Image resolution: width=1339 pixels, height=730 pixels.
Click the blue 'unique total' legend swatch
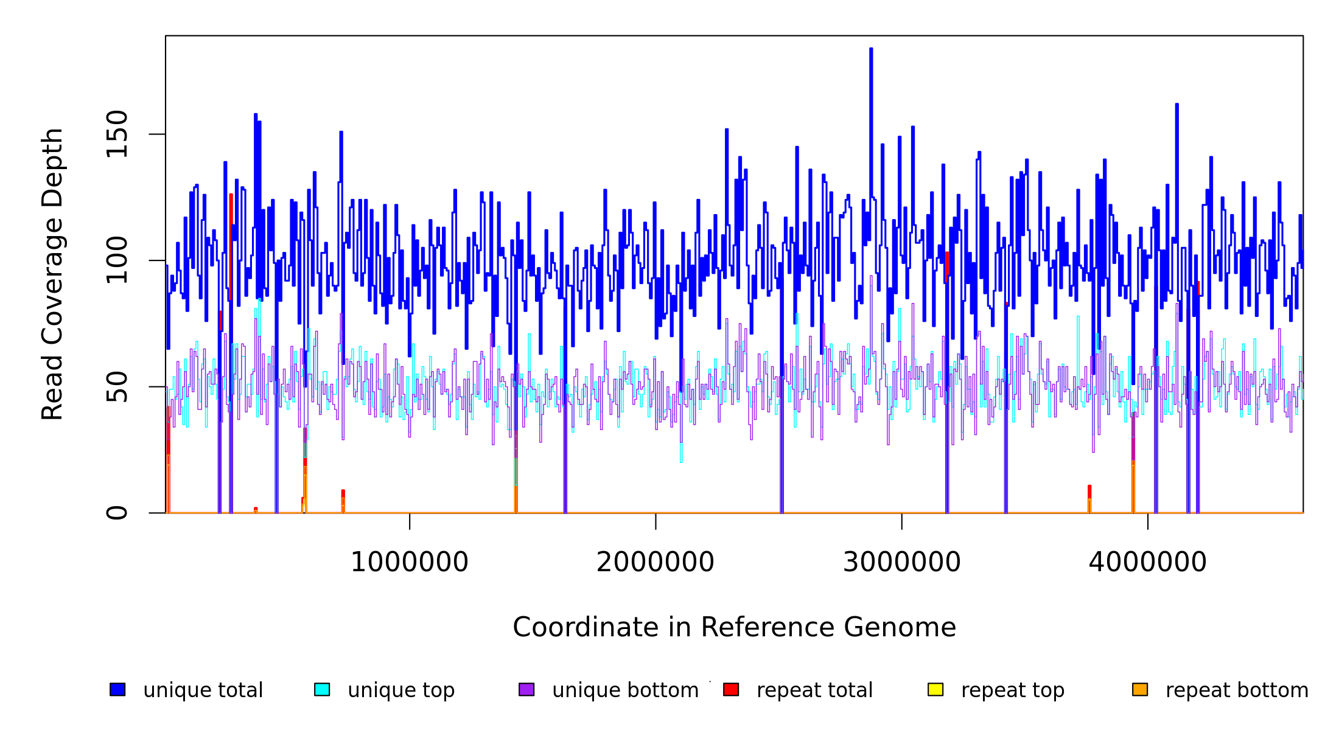click(x=117, y=690)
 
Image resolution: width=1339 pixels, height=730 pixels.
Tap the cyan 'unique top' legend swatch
click(x=322, y=690)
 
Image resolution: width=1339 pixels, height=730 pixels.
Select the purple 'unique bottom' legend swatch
click(x=526, y=690)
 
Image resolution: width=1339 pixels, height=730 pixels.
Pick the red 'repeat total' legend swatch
click(x=731, y=690)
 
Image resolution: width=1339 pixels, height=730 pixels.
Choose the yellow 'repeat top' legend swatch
click(x=935, y=690)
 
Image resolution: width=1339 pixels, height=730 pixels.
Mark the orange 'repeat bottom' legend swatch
click(x=1140, y=690)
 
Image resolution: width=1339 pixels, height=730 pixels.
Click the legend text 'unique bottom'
click(x=625, y=690)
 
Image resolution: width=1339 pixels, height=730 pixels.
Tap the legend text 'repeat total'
click(x=814, y=690)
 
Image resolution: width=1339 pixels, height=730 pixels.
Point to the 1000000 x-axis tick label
click(x=409, y=562)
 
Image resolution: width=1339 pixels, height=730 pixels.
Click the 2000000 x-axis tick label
click(x=656, y=562)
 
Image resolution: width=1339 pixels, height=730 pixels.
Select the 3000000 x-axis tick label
click(x=901, y=562)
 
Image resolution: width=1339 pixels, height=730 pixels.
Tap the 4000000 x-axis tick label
click(x=1147, y=562)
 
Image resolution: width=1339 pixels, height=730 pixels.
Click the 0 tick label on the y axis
click(x=117, y=513)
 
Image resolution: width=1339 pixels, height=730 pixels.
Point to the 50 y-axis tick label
click(x=117, y=387)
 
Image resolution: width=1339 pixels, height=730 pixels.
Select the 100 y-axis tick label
click(x=117, y=260)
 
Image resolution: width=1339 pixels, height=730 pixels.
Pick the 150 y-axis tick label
click(x=117, y=134)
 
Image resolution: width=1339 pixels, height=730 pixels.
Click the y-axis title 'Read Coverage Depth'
click(x=52, y=274)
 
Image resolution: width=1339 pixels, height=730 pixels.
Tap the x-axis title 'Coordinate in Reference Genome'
click(x=734, y=628)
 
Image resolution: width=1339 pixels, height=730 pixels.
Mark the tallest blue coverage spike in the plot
click(x=871, y=50)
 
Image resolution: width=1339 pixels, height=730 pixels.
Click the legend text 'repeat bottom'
click(x=1237, y=690)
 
